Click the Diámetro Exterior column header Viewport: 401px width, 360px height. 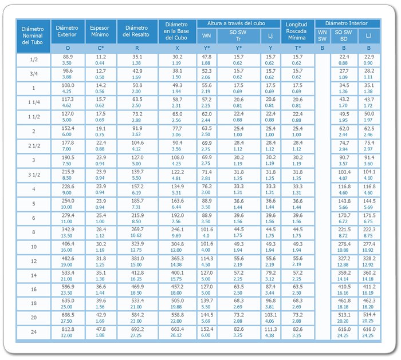point(67,31)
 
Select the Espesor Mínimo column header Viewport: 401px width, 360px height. point(100,31)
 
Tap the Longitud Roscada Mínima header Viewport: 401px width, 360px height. point(297,31)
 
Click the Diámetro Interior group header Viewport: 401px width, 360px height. point(347,23)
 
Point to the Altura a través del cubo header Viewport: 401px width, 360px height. point(236,23)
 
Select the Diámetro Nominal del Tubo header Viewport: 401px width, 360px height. point(33,35)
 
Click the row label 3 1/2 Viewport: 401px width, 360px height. point(34,175)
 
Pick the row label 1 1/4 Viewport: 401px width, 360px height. point(34,102)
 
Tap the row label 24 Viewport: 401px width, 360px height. point(34,332)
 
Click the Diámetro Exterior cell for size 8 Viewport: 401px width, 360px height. point(67,232)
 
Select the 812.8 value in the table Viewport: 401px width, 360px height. point(68,329)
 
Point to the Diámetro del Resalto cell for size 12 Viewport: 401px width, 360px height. point(137,262)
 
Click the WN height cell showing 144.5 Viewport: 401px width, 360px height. point(207,315)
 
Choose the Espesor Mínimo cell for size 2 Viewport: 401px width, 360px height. point(100,132)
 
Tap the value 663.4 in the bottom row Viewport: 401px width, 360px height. point(177,329)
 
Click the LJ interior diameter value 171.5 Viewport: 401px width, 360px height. point(369,216)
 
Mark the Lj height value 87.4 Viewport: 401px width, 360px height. point(270,287)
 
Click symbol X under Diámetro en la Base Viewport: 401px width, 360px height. point(177,48)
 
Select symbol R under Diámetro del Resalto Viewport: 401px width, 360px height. point(137,48)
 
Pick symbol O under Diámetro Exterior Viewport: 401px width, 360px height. point(68,48)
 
